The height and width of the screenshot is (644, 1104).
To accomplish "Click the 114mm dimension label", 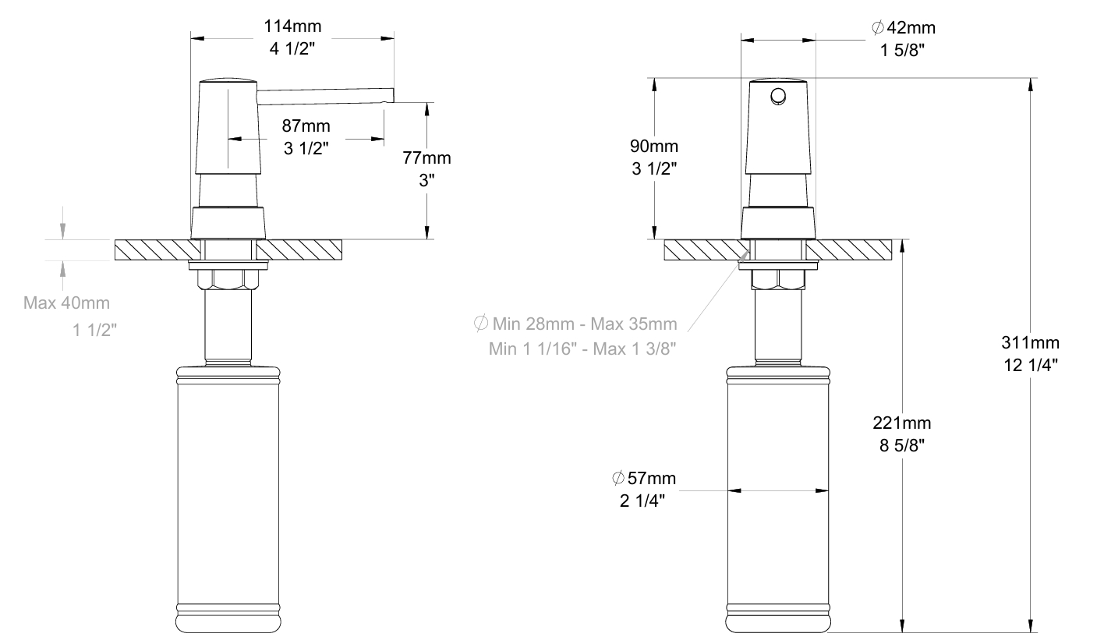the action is (292, 26).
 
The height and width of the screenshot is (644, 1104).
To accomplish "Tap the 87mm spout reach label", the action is (306, 126).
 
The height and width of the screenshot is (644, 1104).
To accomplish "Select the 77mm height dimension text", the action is (426, 158).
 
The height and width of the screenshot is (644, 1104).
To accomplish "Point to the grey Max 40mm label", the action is (66, 303).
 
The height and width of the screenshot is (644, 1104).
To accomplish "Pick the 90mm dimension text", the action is (654, 147).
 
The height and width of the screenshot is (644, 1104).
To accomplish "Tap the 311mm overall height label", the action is (1030, 342).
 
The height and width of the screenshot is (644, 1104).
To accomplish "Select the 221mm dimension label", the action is (902, 423).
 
